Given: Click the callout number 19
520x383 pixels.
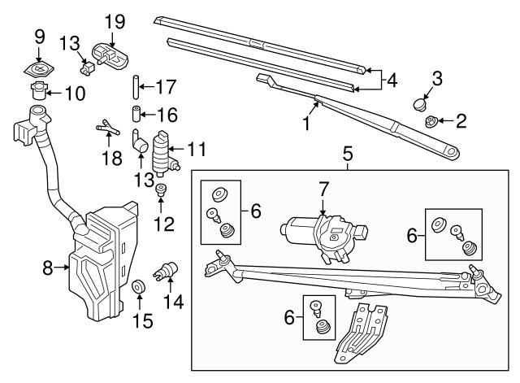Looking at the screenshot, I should pyautogui.click(x=115, y=20).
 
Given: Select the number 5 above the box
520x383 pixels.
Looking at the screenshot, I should pyautogui.click(x=347, y=152).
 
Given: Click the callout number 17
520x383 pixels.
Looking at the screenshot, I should pyautogui.click(x=165, y=85).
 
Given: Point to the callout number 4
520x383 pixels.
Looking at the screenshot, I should pyautogui.click(x=392, y=81).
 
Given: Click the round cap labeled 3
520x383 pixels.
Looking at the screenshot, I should pyautogui.click(x=419, y=103).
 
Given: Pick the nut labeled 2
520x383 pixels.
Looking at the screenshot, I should pyautogui.click(x=431, y=122).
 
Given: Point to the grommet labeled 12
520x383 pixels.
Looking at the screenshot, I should pyautogui.click(x=161, y=193).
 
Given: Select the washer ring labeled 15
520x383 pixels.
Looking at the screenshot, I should pyautogui.click(x=139, y=287).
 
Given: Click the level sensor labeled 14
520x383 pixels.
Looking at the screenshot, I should pyautogui.click(x=169, y=270).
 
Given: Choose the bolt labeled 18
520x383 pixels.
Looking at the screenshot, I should pyautogui.click(x=106, y=127).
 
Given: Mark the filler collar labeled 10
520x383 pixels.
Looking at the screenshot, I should pyautogui.click(x=38, y=89).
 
